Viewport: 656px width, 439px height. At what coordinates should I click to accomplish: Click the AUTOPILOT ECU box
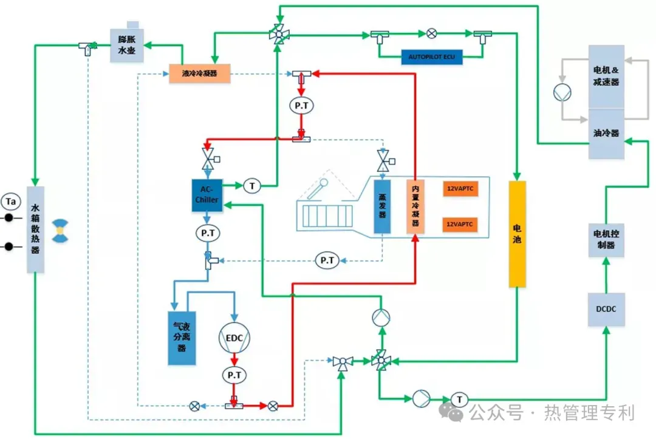(432, 58)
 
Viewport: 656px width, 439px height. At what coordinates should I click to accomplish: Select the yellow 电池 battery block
(517, 234)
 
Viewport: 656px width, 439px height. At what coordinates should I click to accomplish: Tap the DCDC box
(606, 309)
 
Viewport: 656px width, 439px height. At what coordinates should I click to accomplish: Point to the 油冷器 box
(606, 134)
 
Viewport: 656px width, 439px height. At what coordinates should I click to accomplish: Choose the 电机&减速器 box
(606, 77)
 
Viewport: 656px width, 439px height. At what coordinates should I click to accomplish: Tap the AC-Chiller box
(207, 195)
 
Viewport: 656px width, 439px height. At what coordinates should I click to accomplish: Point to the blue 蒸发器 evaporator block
(382, 206)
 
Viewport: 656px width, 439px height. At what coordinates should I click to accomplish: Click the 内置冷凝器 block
(415, 206)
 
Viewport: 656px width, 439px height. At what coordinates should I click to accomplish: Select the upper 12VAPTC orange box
(460, 189)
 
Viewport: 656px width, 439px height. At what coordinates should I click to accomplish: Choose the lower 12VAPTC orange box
(460, 224)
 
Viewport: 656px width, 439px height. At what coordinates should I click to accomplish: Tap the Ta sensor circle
(10, 200)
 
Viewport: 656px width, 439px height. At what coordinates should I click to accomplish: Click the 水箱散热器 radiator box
(35, 229)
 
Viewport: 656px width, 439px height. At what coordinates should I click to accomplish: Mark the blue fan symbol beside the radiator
(60, 232)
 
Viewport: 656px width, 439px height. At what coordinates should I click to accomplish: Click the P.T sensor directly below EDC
(234, 375)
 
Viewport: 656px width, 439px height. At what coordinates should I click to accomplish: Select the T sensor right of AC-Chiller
(251, 185)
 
